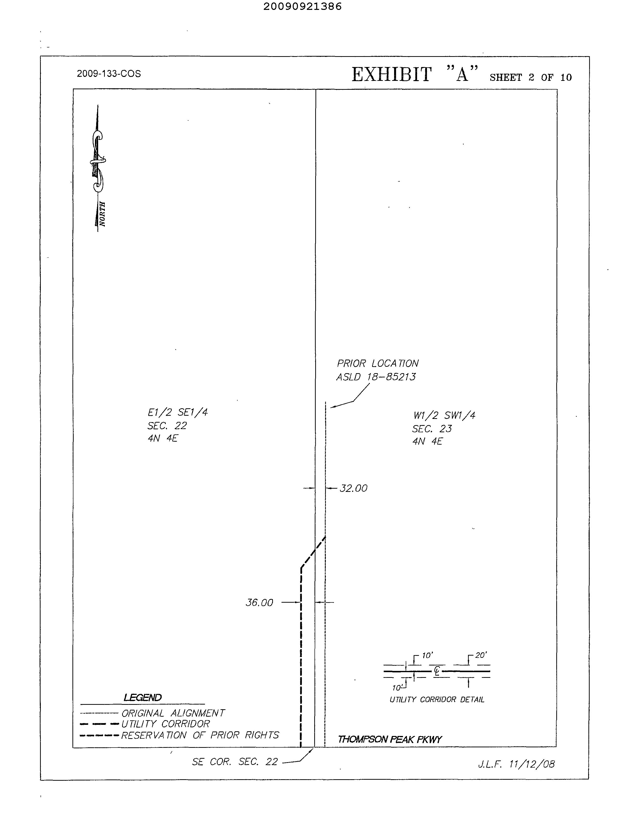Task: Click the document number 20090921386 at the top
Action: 302,7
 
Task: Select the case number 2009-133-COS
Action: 109,74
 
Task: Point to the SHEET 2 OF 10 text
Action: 531,77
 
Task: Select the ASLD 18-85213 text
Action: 376,377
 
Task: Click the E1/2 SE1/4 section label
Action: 178,412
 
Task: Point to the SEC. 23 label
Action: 432,429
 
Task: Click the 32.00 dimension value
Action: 354,488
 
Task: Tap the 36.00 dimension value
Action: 259,602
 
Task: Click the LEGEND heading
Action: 142,698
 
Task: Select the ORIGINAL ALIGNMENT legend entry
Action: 173,713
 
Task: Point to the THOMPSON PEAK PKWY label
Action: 389,739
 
